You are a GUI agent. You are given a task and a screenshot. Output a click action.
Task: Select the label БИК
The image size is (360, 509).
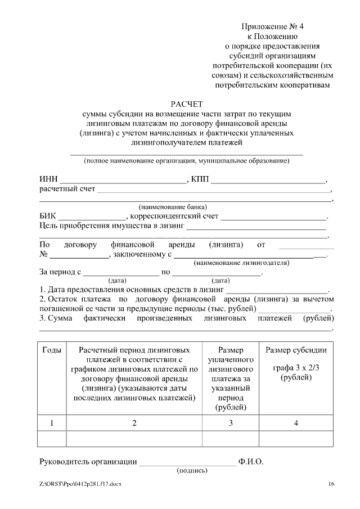(48, 216)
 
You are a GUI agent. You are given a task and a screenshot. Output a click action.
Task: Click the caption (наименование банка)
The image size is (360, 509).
(173, 206)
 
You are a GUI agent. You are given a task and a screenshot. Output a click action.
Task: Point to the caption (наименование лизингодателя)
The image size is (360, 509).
(241, 263)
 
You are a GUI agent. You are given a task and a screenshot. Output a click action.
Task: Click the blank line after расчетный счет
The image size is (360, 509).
(214, 192)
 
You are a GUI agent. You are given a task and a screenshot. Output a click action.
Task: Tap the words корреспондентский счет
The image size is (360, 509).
(174, 216)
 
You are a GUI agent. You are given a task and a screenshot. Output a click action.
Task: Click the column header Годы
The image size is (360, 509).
(52, 350)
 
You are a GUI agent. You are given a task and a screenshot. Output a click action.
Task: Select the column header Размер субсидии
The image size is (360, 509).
(296, 350)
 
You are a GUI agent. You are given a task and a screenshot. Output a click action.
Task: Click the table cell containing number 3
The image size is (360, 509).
(230, 423)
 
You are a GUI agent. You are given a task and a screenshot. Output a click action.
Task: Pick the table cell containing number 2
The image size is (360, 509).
(134, 423)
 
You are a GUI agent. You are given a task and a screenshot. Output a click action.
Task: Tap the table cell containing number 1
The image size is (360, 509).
(52, 423)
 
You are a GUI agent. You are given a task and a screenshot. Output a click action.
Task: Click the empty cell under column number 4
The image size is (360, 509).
(296, 438)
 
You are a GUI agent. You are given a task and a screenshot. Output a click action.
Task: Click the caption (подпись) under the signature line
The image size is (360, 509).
(192, 470)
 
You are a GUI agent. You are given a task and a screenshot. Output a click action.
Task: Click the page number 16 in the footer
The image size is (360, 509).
(331, 484)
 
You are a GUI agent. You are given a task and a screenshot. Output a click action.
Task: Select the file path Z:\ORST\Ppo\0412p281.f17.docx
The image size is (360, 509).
(80, 484)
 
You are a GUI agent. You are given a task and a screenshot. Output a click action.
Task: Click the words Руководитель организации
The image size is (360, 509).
(88, 462)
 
